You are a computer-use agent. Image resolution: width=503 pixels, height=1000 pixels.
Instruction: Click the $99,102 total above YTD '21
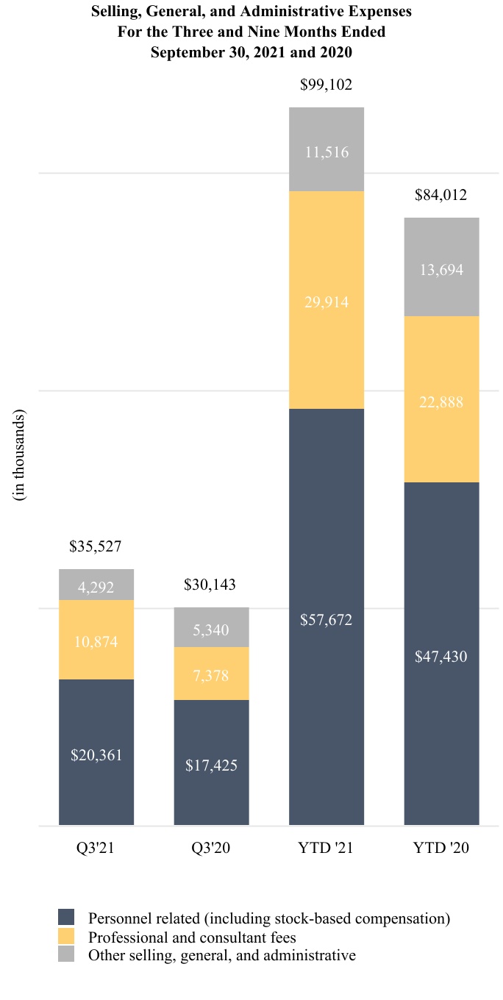click(x=327, y=85)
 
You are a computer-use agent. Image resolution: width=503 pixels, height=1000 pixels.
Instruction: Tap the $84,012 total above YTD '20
click(x=441, y=195)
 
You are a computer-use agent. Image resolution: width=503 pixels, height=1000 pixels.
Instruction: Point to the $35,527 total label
click(x=96, y=546)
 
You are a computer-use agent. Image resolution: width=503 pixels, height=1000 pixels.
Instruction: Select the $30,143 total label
click(x=210, y=585)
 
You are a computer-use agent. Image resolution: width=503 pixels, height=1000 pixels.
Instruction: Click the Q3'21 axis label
click(x=96, y=848)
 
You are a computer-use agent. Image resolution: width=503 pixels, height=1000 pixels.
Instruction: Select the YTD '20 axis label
click(x=441, y=848)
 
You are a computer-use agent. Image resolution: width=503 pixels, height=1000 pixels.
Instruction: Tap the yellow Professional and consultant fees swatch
click(x=66, y=936)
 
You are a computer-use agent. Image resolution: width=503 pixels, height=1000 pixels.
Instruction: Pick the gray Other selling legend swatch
click(x=66, y=954)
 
